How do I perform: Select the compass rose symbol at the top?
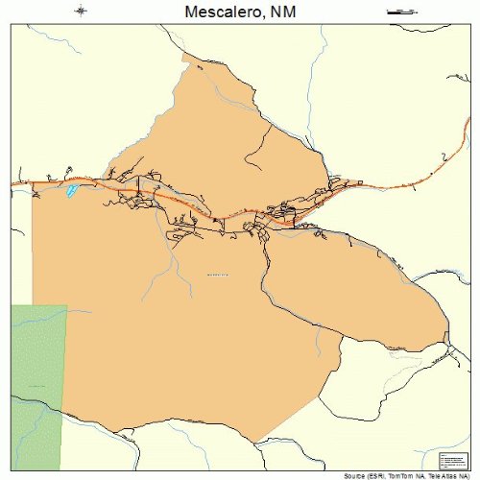coord(80,12)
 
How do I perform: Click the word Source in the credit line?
coord(355,475)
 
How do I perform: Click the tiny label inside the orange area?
coord(219,276)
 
